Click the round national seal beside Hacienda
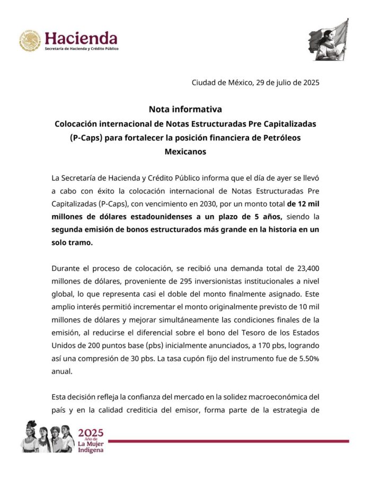(x=30, y=41)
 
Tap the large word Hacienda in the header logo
(x=81, y=38)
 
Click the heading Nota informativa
(x=185, y=110)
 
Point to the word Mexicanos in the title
(x=185, y=151)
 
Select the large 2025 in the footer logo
(x=91, y=432)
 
